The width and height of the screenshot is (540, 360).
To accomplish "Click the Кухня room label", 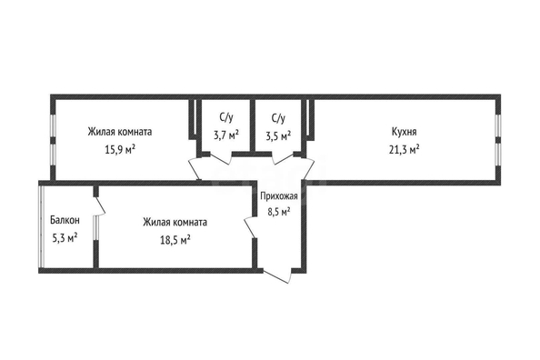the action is pyautogui.click(x=404, y=132).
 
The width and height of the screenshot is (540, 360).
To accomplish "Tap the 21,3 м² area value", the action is pyautogui.click(x=404, y=149).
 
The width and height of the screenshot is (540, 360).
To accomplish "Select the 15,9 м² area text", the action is pyautogui.click(x=119, y=149).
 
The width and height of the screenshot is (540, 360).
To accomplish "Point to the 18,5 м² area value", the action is pyautogui.click(x=175, y=239).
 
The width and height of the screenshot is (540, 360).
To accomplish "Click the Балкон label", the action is pyautogui.click(x=65, y=220).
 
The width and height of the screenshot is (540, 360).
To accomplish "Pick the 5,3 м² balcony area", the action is pyautogui.click(x=65, y=237).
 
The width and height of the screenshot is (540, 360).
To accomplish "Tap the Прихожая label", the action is pyautogui.click(x=279, y=196).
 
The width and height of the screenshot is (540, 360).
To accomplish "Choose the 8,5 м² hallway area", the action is pyautogui.click(x=279, y=211).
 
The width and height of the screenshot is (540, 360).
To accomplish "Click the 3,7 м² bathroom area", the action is pyautogui.click(x=226, y=135).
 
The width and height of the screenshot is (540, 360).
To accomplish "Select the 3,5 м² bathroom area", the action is pyautogui.click(x=278, y=135).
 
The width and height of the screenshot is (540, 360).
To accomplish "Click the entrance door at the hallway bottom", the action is pyautogui.click(x=277, y=275).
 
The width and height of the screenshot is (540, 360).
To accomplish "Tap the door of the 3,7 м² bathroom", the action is pyautogui.click(x=221, y=158).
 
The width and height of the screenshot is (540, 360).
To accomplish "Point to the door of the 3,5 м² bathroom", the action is pyautogui.click(x=283, y=158).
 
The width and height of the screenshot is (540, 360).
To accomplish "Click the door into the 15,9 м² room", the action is pyautogui.click(x=195, y=169).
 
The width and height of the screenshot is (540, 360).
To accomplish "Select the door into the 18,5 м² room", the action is pyautogui.click(x=250, y=227).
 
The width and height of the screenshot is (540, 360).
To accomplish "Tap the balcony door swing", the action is pyautogui.click(x=99, y=206).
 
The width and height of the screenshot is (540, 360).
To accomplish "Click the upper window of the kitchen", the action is pyautogui.click(x=497, y=125).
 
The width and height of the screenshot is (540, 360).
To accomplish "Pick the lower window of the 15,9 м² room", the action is pyautogui.click(x=53, y=155).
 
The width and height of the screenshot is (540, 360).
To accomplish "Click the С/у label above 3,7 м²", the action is pyautogui.click(x=226, y=117).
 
